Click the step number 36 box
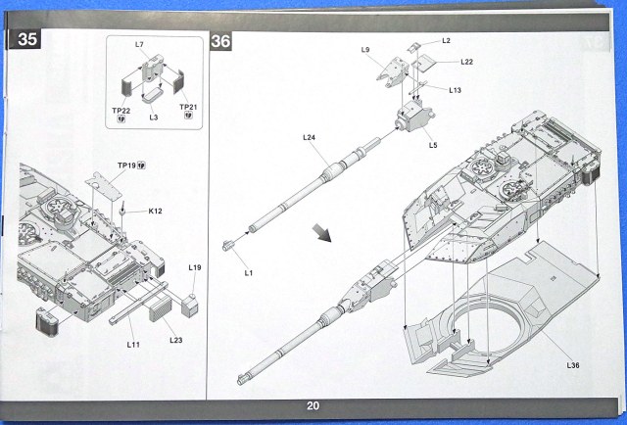coord(220,40)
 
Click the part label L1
coord(248,273)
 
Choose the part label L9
coord(364,49)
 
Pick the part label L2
coord(446,40)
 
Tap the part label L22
coord(468,63)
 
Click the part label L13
coord(456,90)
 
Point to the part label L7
coord(139,45)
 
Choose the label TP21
coord(188,106)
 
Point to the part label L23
coord(176,340)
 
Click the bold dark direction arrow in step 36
coord(321,233)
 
